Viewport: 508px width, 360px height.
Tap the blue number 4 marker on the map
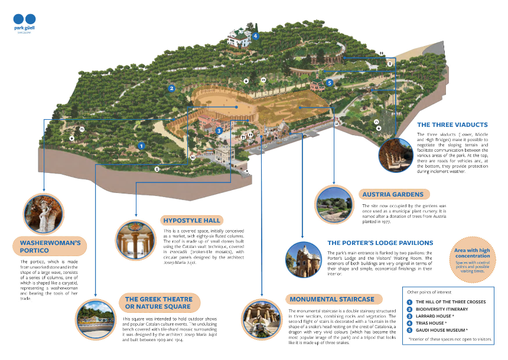(255, 36)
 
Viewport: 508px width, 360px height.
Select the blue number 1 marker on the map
(141, 145)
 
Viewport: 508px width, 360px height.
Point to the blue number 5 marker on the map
(330, 83)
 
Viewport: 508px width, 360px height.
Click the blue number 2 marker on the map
(171, 89)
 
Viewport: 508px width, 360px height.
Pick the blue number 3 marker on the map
(219, 131)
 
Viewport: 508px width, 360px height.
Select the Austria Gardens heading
(393, 194)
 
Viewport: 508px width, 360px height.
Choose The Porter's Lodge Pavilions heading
(380, 243)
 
